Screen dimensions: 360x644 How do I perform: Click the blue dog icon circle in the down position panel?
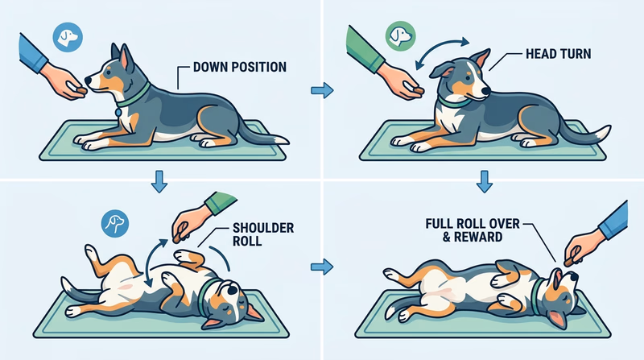tap(66, 37)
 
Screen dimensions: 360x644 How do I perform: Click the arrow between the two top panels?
tap(322, 91)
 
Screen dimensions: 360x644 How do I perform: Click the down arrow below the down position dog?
tap(160, 181)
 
